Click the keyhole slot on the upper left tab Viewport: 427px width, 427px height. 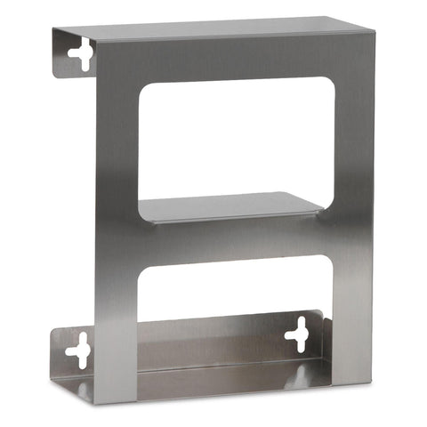tap(80, 55)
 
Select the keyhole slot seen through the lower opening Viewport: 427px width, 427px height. tap(296, 335)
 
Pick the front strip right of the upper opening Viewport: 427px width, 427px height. tap(349, 142)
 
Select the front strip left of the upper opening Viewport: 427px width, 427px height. tap(116, 142)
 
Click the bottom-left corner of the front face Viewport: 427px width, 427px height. tap(97, 400)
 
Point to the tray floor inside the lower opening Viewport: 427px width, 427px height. tap(222, 360)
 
